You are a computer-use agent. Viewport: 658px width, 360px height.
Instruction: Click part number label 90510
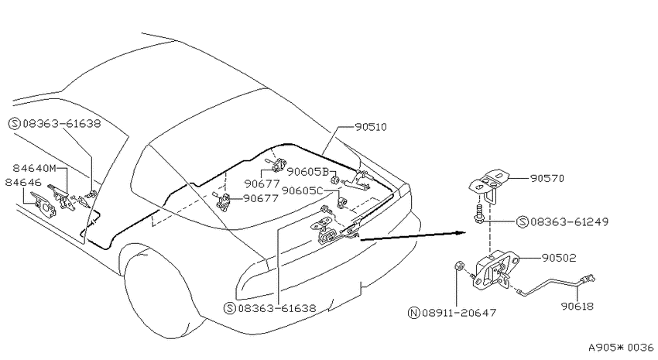point(371,127)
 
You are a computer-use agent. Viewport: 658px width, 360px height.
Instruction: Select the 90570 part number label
point(547,178)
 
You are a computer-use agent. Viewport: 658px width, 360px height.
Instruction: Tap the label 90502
point(559,258)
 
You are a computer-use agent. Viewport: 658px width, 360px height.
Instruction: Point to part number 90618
point(577,307)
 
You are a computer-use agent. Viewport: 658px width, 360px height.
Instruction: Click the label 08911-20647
point(460,313)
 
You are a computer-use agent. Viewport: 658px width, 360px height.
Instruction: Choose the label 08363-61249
point(570,221)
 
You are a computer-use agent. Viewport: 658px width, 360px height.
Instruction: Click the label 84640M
point(34,168)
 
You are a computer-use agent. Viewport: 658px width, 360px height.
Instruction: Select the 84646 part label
point(23,183)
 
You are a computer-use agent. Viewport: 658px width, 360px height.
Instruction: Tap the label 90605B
point(307,172)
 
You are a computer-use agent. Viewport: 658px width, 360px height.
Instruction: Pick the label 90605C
point(302,190)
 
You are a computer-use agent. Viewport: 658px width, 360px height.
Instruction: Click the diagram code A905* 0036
point(621,348)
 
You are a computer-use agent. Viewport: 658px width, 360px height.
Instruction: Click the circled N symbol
point(414,313)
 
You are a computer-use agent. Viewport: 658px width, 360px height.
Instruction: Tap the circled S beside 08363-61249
point(523,221)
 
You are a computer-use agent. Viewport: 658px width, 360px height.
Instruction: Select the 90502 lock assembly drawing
point(495,269)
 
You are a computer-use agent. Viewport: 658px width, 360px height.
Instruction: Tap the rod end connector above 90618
point(588,279)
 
